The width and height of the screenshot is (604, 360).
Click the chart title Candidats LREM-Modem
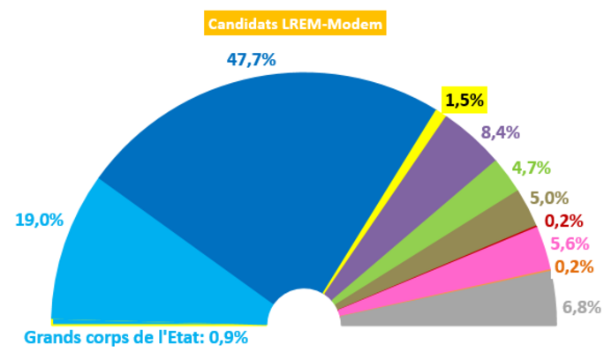pos(295,24)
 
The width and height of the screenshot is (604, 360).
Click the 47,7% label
pos(252,60)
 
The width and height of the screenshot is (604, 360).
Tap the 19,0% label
pos(40,220)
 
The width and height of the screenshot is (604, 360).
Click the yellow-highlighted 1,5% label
pos(464,100)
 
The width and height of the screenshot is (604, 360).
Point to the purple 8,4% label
pos(500,133)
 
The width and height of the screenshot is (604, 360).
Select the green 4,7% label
pos(532,167)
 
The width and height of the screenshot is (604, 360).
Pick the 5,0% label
pos(548,199)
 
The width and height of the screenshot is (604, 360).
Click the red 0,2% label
pos(562,221)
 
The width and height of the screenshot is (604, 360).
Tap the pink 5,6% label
pos(569,244)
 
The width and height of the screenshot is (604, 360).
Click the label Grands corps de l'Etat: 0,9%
pos(136,338)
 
